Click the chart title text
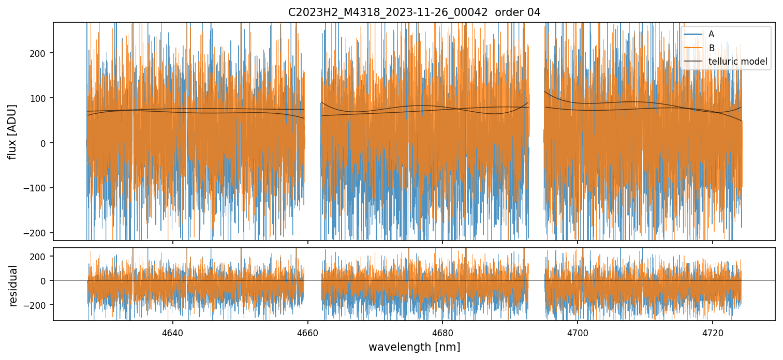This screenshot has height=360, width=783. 414,12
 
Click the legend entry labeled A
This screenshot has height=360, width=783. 711,34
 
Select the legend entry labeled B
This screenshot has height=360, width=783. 711,48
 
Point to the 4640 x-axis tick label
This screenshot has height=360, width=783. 173,333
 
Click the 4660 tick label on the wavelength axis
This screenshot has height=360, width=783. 308,333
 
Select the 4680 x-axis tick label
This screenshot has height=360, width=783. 442,333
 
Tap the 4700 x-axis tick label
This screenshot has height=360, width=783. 578,333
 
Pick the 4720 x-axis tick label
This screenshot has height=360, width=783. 713,333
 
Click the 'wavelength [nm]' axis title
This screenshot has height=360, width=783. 414,347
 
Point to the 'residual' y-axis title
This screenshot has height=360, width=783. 13,286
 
